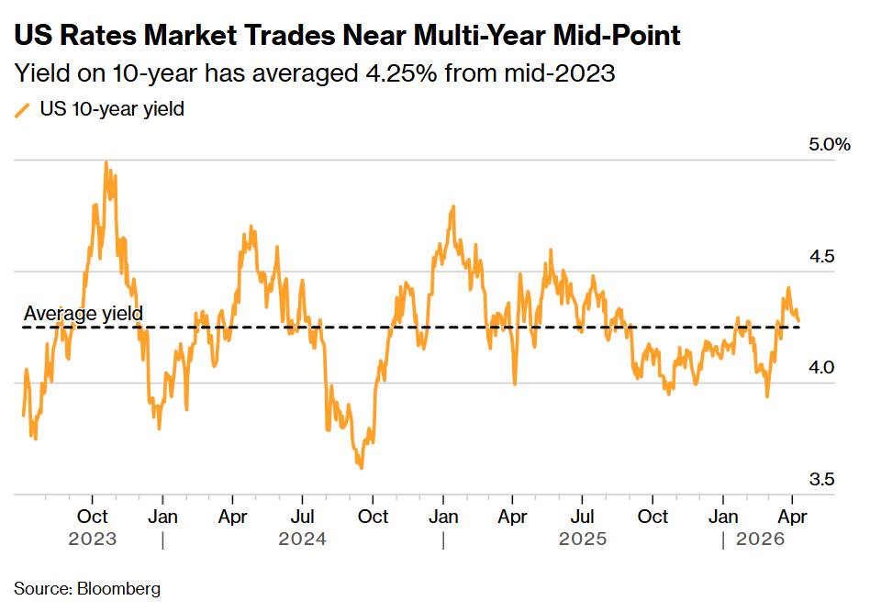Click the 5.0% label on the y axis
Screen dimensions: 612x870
[830, 144]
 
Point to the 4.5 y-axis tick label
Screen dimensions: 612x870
[821, 256]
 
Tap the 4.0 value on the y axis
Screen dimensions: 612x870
[821, 367]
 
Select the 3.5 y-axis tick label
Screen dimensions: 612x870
[821, 479]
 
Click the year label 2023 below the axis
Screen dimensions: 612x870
[93, 540]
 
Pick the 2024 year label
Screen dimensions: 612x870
[303, 540]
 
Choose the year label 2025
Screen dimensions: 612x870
[583, 540]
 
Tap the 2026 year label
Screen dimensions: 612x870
[761, 540]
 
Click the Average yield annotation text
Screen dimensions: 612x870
[83, 314]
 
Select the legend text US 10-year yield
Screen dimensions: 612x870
[112, 109]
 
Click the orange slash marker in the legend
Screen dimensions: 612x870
[23, 110]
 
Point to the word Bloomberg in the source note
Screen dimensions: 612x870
[119, 588]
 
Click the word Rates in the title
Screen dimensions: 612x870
[93, 36]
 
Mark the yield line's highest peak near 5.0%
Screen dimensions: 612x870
[106, 162]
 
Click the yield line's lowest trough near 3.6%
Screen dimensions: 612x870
[361, 468]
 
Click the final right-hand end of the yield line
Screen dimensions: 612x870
[798, 321]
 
